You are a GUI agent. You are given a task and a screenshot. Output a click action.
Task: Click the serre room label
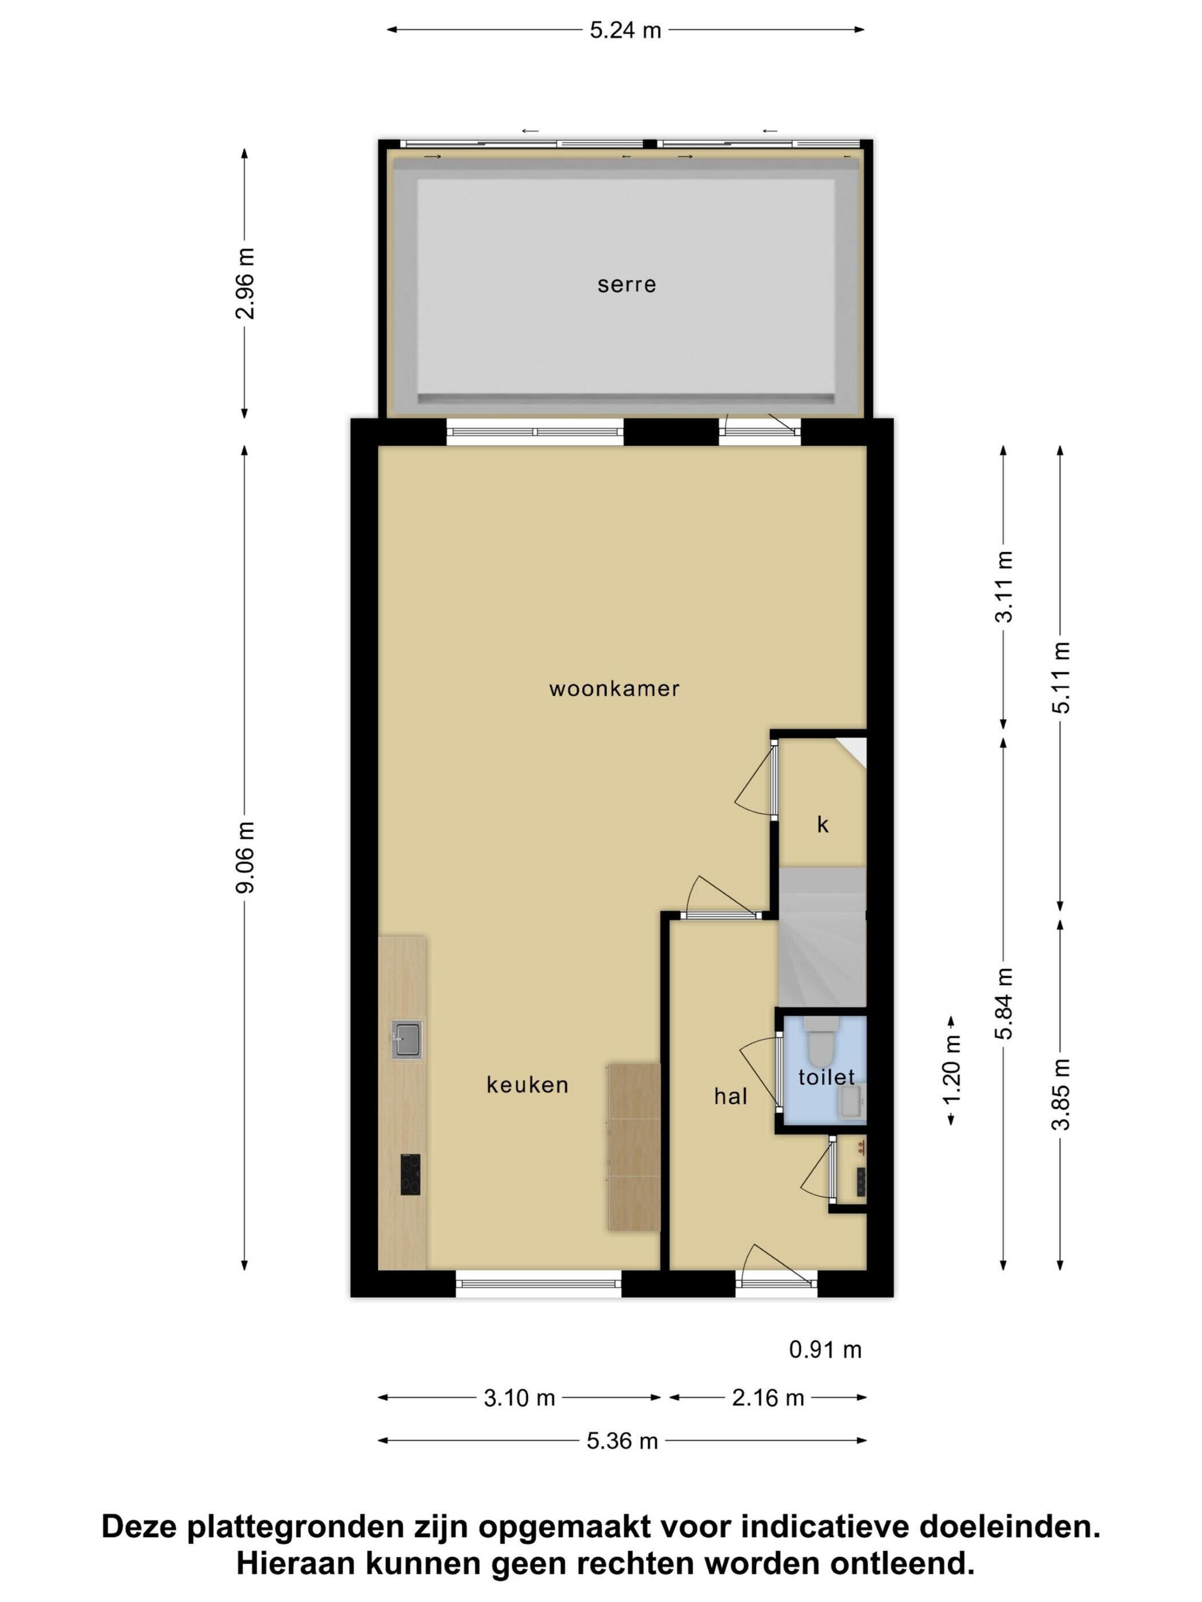627,284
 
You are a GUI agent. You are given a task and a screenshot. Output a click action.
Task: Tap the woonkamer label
614,688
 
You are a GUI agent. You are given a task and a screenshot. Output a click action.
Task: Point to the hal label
730,1096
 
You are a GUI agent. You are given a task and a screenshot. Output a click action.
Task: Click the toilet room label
827,1078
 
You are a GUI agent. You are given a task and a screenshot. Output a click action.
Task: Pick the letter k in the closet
823,825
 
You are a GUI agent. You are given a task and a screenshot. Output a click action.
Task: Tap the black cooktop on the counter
410,1175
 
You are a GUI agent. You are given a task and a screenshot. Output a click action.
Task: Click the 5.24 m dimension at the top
625,30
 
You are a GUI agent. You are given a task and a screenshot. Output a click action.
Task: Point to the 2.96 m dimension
246,284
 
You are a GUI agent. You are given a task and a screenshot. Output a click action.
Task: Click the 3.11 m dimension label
1003,586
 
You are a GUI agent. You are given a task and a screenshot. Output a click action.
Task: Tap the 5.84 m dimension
1003,1004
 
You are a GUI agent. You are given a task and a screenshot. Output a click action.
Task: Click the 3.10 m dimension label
520,1398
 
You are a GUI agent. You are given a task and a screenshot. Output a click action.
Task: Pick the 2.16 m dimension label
768,1398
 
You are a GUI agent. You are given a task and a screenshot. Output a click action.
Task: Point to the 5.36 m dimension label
622,1441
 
